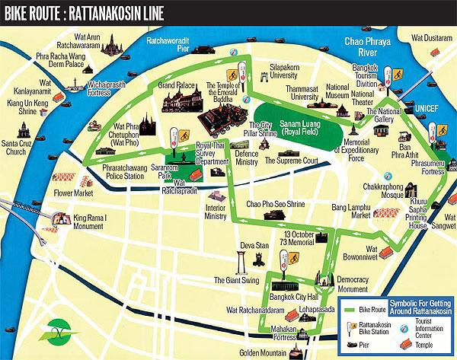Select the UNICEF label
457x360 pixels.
(x=429, y=109)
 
